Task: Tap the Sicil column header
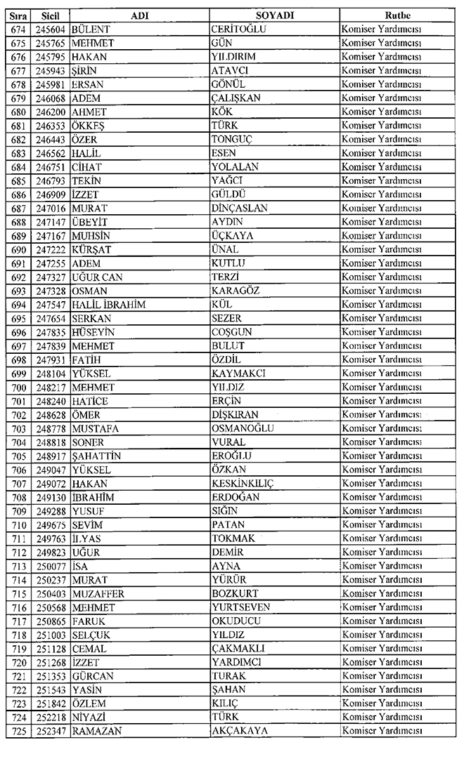coord(50,15)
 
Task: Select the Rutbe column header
coord(397,15)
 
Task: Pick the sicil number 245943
coord(50,71)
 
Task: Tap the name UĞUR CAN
coord(97,277)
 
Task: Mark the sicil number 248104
coord(50,374)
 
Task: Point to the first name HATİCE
coord(90,401)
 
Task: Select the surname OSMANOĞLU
coord(243,429)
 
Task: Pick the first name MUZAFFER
coord(98,594)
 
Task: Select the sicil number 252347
coord(50,732)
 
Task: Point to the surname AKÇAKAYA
coord(240,732)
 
